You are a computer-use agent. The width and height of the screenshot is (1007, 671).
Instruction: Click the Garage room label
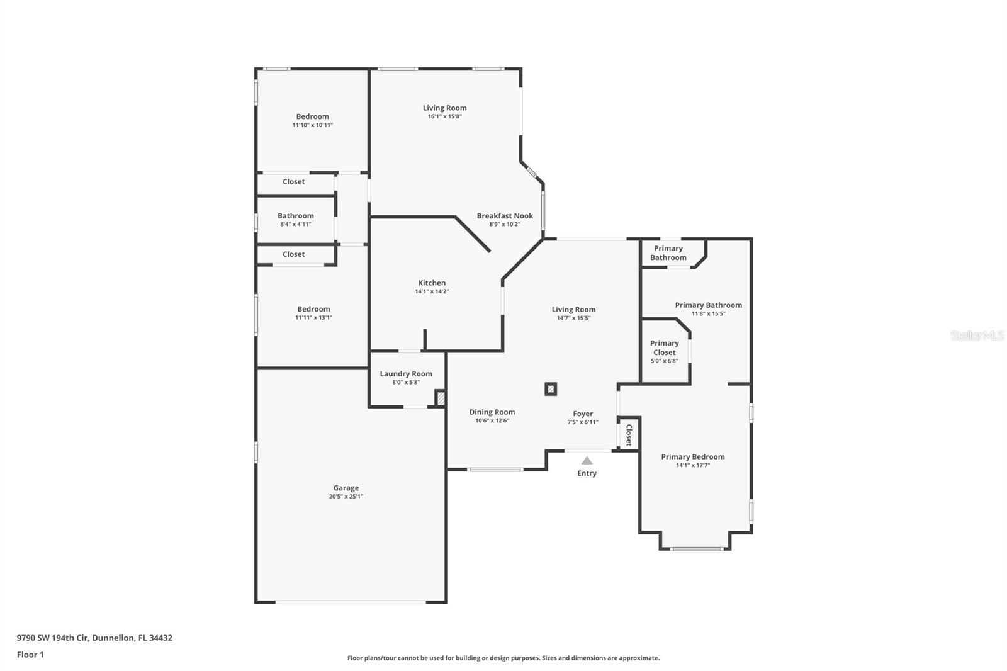coord(346,488)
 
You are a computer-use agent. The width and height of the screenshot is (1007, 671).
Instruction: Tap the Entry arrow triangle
coord(587,461)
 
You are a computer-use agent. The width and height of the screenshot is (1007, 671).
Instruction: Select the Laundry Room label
coord(406,374)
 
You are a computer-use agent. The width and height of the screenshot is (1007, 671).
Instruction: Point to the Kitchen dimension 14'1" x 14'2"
coord(432,291)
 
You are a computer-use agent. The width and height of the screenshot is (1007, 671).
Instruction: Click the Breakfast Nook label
coord(505,216)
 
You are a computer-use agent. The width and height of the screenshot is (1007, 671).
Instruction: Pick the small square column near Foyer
coord(551,389)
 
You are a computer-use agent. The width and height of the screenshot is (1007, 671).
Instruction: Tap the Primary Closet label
coord(665,347)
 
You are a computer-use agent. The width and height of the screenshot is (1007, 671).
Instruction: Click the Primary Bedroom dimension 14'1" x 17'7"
coord(693,465)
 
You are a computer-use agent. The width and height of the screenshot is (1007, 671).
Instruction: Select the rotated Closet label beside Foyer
coord(629,434)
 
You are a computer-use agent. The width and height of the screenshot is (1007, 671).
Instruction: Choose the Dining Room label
coord(492,412)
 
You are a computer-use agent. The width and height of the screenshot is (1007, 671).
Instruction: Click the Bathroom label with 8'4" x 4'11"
coord(296,216)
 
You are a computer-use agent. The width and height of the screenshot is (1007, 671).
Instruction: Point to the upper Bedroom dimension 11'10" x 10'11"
coord(313,125)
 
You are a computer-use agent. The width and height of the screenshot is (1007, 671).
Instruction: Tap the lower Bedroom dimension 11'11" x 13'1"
coord(313,317)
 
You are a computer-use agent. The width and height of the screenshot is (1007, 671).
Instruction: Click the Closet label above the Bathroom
coord(293,182)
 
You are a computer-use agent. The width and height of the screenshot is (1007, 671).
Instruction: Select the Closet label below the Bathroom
coord(293,254)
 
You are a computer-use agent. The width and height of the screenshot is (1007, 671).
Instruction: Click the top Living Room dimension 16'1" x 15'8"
coord(445,116)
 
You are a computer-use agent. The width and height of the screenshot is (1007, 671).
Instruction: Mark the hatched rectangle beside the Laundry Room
coord(441,398)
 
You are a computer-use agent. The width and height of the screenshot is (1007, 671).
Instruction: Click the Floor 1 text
coord(30,655)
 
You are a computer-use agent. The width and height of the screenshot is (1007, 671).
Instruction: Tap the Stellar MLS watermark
coord(977,335)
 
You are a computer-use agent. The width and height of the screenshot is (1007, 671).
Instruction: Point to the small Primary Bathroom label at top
coord(668,253)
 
